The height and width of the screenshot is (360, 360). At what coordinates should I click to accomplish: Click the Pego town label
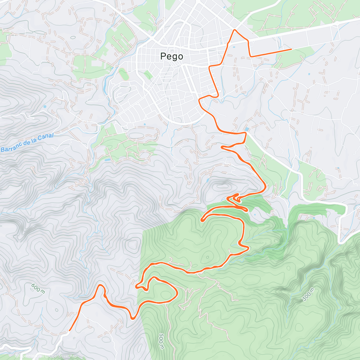coord(172,56)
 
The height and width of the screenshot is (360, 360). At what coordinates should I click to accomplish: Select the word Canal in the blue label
coord(46,137)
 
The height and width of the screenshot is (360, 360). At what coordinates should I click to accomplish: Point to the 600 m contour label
coord(38,289)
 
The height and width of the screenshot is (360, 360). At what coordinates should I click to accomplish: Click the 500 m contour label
coord(161,341)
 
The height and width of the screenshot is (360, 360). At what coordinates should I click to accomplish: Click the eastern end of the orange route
coord(291,49)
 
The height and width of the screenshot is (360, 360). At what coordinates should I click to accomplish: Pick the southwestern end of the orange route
coord(70,330)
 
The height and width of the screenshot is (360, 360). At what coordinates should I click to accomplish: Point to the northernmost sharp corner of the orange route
coord(235,30)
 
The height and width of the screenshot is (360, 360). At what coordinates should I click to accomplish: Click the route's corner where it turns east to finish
coord(251,56)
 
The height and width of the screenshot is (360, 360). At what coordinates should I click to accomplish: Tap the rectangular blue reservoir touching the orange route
coord(247,129)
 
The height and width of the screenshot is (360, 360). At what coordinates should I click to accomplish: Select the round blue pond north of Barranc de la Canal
coord(45,106)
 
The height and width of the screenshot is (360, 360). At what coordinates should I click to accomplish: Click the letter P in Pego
coord(163,56)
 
